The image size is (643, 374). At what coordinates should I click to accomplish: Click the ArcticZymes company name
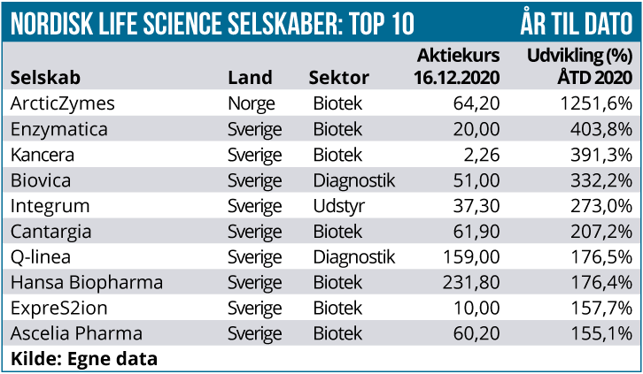coord(62,103)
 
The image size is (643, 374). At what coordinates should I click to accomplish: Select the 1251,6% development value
coord(596,103)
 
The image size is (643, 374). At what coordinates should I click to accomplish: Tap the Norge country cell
coord(252,103)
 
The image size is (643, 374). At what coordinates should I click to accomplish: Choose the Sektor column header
coord(338,77)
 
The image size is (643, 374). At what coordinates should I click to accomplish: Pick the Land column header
coord(250,77)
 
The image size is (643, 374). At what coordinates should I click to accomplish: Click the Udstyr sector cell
coord(339,206)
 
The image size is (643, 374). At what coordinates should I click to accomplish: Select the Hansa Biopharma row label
coord(87,283)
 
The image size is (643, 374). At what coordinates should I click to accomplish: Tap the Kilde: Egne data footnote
coord(84,359)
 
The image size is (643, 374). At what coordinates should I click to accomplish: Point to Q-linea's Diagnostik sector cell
coord(354,257)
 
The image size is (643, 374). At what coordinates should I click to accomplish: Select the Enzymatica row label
coord(59,129)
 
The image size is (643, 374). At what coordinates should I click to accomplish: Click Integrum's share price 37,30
coord(476,206)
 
